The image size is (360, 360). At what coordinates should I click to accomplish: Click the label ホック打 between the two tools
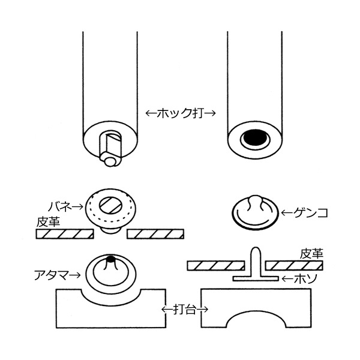182,112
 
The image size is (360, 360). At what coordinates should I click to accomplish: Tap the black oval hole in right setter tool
255,139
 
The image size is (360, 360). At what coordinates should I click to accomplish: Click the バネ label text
62,205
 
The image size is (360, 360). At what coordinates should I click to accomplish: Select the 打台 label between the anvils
183,310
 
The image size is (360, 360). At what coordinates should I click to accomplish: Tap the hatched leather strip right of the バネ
157,233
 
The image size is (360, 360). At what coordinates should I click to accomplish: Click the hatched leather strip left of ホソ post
217,265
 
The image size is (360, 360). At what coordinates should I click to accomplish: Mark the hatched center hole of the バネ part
113,203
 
